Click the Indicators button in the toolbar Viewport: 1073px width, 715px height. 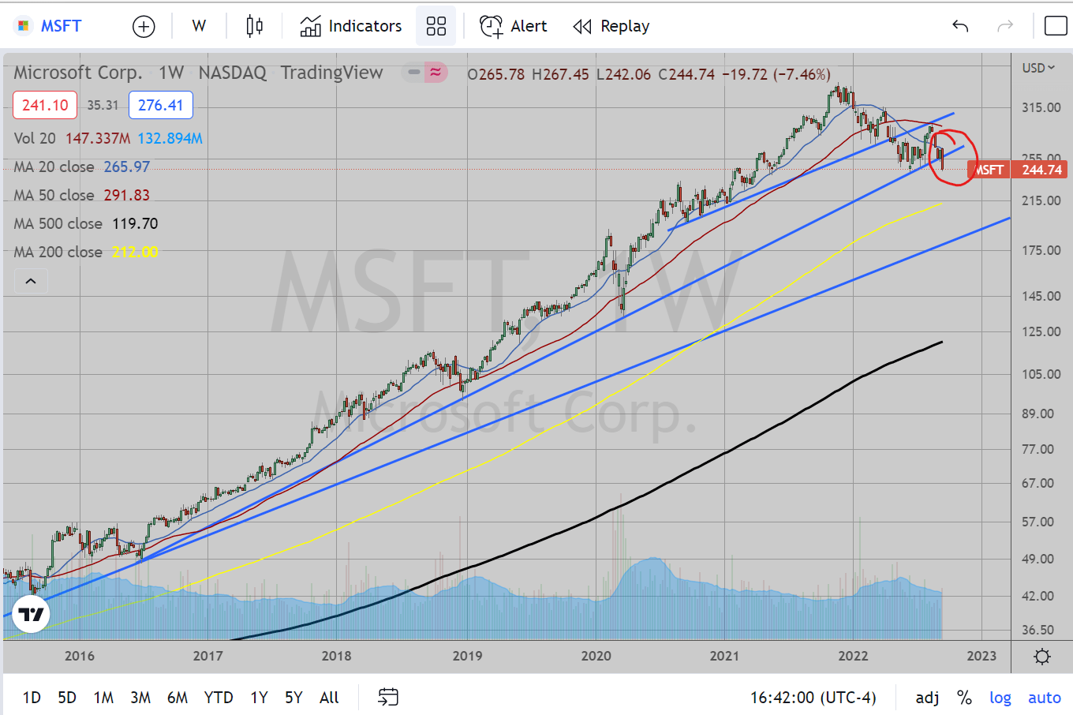(351, 26)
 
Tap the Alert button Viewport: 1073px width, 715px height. (514, 26)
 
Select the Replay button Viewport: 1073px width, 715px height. (611, 26)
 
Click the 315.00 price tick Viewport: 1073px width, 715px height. (1041, 107)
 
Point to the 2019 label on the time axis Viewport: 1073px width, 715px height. (467, 656)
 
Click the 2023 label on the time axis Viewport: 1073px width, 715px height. (981, 656)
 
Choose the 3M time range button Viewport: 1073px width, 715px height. (140, 698)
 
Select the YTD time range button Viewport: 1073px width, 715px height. (219, 698)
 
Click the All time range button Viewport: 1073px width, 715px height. (329, 698)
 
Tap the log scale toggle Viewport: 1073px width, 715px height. (1000, 698)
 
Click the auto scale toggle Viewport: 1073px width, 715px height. (1045, 698)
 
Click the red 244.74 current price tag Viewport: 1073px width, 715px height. (1041, 170)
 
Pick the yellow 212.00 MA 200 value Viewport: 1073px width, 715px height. (135, 252)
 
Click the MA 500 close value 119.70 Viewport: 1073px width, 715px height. (135, 223)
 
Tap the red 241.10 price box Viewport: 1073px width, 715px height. (45, 105)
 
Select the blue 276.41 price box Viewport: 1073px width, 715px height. (161, 105)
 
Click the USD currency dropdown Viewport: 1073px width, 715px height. (1038, 68)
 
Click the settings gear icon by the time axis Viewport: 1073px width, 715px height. (1042, 657)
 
